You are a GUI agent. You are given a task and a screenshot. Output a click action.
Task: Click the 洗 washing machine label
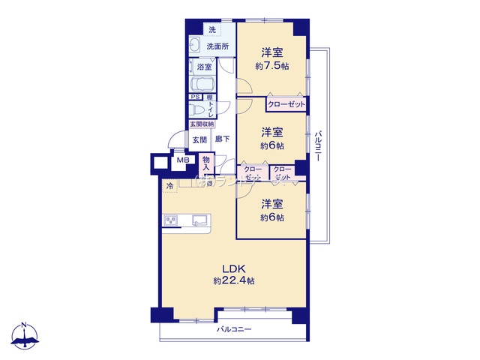point(211,30)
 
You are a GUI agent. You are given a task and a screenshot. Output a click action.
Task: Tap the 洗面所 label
point(217,46)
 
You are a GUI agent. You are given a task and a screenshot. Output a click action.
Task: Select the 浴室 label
point(204,67)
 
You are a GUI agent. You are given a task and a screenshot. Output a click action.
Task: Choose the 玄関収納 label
point(201,124)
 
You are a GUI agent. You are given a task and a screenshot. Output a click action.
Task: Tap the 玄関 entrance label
point(199,139)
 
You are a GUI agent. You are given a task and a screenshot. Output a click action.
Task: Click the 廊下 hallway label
point(222,139)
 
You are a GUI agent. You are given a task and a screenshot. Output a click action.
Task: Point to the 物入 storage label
point(206,163)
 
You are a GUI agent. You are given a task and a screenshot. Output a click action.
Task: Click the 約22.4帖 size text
point(233,281)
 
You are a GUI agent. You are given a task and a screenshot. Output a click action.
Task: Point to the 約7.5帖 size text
point(272,66)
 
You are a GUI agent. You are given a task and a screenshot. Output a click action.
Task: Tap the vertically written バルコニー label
point(319,151)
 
